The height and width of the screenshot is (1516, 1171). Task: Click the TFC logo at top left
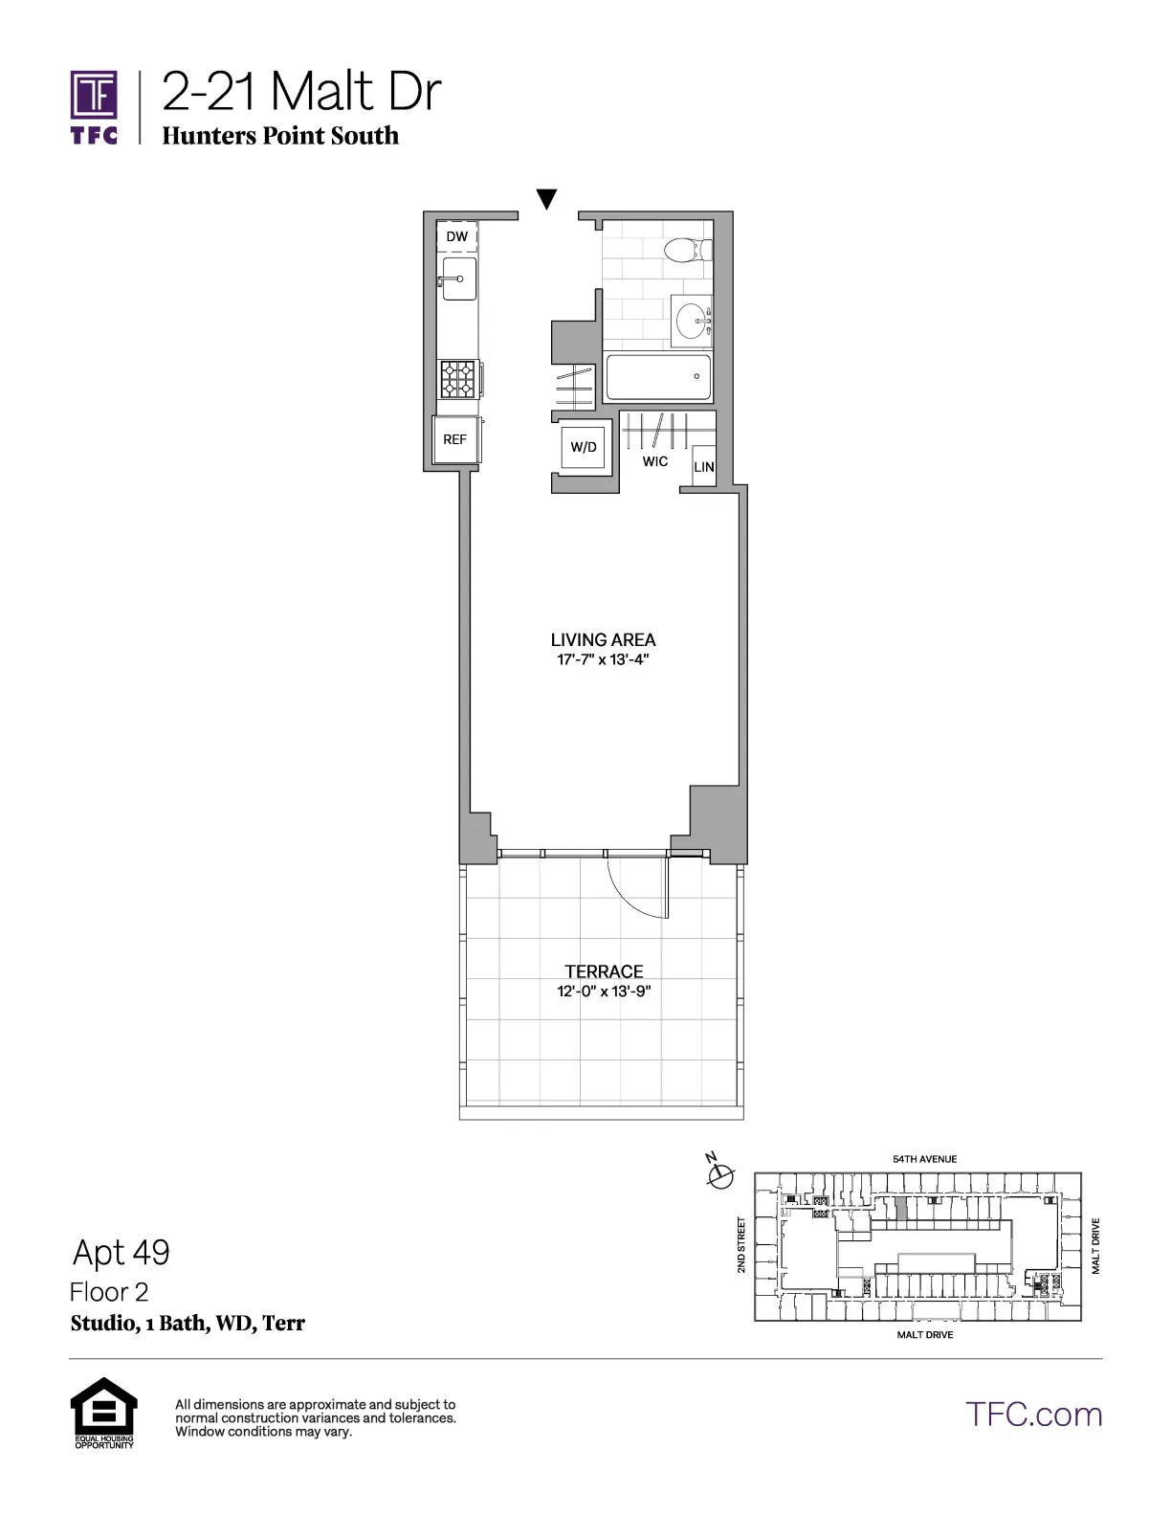94,106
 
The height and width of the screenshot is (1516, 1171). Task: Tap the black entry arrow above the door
546,199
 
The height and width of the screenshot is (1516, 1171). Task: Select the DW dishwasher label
457,236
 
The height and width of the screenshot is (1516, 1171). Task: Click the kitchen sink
459,279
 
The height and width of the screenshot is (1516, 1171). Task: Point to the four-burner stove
457,378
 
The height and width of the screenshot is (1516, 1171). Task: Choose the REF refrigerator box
455,440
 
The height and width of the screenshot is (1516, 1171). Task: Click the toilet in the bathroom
687,250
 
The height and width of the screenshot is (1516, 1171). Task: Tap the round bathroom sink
692,320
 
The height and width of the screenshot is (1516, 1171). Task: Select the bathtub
658,378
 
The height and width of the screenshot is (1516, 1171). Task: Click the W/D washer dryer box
584,447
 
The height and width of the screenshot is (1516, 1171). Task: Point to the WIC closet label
655,462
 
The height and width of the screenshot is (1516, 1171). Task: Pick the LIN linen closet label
704,467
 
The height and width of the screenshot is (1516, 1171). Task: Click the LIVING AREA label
603,640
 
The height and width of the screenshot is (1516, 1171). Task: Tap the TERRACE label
604,971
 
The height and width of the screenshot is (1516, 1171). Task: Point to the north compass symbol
719,1172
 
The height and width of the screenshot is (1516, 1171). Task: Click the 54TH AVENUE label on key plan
924,1159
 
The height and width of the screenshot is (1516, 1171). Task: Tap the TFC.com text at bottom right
1033,1415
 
